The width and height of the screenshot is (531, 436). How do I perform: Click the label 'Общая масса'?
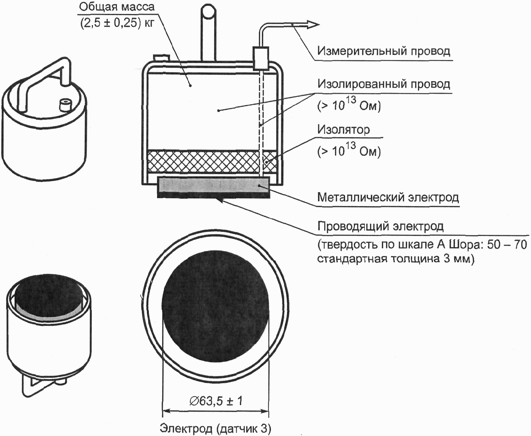pos(117,7)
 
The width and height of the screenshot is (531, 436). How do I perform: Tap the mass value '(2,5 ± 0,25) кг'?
pos(117,23)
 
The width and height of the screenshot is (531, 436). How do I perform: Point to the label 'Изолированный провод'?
pos(384,84)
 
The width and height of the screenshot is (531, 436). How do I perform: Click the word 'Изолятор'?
pos(343,130)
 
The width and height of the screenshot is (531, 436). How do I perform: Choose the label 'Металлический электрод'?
pos(388,197)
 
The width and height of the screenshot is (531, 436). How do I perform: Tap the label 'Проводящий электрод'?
pos(380,226)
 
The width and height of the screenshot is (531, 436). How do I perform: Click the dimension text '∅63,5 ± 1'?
pos(216,401)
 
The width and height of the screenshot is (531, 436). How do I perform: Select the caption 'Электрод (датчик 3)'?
pos(216,428)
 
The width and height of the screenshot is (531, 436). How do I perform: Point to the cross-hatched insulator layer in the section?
pos(211,162)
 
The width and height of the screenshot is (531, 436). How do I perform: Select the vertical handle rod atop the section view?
pos(208,32)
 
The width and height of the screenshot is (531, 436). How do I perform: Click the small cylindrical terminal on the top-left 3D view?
pos(66,105)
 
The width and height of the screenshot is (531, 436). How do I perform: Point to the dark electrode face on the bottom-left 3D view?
pos(49,295)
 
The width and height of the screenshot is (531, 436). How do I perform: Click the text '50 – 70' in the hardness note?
pos(507,244)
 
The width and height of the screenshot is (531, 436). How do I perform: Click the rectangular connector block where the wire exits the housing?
pos(260,58)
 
